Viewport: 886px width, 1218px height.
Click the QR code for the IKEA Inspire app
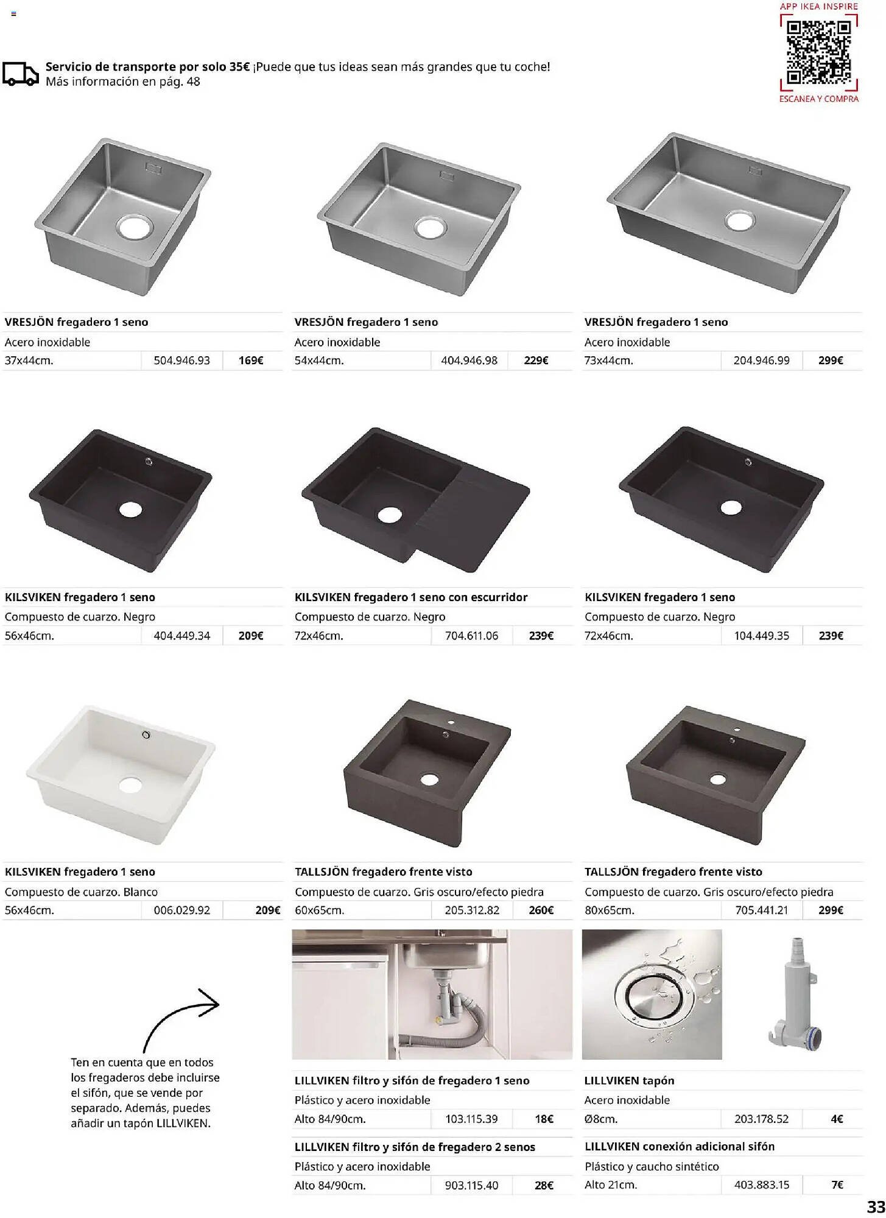[818, 52]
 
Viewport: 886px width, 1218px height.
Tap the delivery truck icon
[21, 74]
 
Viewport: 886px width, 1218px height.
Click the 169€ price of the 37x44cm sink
[251, 361]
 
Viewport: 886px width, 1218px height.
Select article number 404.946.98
[469, 361]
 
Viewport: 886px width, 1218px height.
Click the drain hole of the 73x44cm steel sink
[740, 220]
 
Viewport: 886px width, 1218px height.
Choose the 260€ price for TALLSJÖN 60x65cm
[541, 910]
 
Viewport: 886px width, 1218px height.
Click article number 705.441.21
[761, 910]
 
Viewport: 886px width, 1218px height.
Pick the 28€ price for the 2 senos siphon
[544, 1186]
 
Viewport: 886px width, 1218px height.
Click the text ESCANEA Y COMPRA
[819, 99]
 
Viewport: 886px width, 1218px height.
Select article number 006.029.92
[181, 910]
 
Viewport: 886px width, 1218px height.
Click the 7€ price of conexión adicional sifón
[837, 1185]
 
